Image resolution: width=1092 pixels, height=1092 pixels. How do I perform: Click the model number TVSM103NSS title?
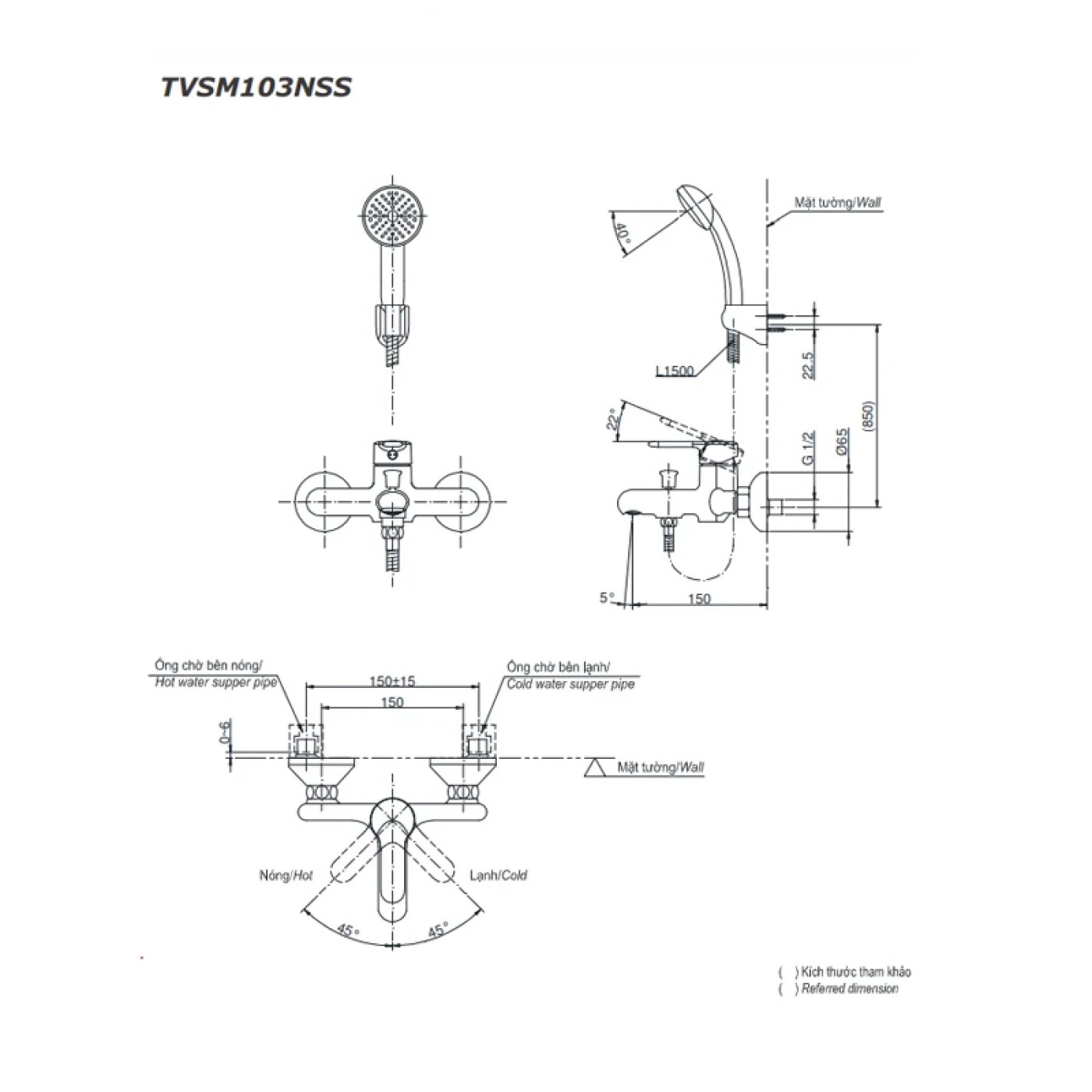(x=256, y=87)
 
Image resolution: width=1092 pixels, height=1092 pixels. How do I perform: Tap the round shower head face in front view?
(x=392, y=215)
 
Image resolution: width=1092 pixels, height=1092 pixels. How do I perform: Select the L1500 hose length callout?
(x=675, y=370)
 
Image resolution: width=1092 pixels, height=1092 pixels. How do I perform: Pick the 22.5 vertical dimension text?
(x=808, y=364)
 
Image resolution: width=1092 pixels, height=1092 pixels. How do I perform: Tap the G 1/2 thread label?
(x=808, y=448)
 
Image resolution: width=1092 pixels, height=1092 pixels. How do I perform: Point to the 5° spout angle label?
(x=607, y=597)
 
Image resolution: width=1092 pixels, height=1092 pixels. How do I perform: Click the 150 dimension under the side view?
(x=700, y=598)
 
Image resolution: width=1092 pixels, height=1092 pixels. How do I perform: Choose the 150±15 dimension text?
(x=392, y=681)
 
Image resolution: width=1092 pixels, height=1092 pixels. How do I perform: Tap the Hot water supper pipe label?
(x=215, y=683)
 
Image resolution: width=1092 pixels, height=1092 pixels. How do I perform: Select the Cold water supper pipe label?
(x=570, y=684)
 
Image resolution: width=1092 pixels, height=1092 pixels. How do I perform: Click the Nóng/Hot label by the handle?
(x=285, y=876)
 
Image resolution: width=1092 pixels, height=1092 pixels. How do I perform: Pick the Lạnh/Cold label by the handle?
(x=498, y=876)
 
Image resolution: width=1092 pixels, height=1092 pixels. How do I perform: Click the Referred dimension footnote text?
(x=849, y=989)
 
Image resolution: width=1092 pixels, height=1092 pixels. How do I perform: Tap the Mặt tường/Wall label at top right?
(x=838, y=203)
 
